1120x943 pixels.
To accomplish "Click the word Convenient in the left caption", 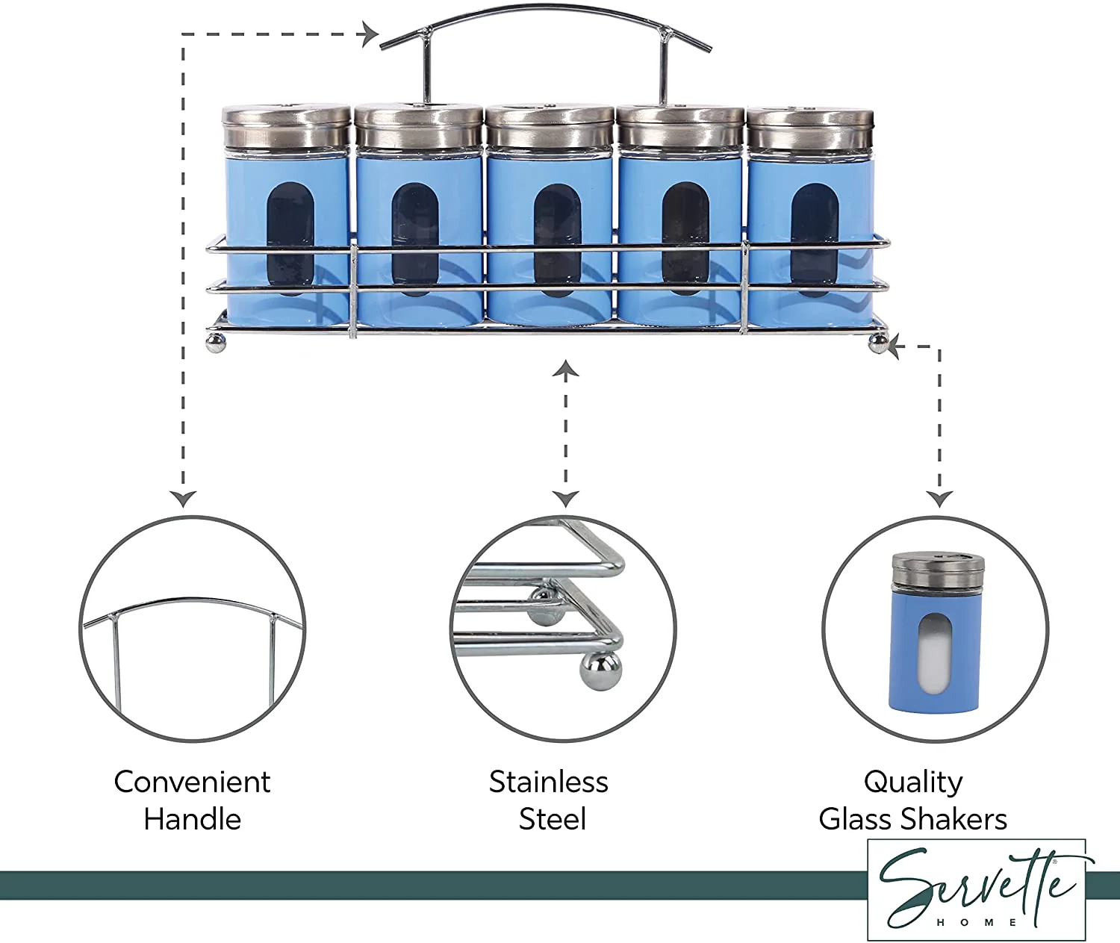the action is pos(192,782).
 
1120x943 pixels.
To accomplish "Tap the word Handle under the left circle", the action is pos(192,820).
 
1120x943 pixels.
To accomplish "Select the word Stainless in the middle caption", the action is pos(549,782).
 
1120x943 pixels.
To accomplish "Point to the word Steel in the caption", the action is pos(552,820).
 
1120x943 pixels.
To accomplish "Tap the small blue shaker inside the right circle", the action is pos(936,633).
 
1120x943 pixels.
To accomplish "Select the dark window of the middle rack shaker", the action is pos(557,240).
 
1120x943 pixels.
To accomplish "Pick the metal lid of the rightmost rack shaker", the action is pos(810,128).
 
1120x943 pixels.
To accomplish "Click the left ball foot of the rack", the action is pos(216,343).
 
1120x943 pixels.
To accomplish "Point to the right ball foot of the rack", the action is pos(879,343).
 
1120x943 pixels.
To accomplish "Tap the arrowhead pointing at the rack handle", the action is pos(371,34).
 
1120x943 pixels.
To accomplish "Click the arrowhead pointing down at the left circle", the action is pos(183,499).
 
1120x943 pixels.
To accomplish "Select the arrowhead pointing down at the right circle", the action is pos(939,499).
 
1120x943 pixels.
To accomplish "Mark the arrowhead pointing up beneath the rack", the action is pos(565,368).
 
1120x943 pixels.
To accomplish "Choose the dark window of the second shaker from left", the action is pos(415,239).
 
